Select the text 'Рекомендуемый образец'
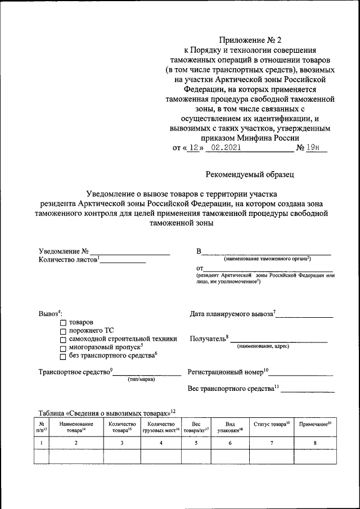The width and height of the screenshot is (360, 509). (x=250, y=174)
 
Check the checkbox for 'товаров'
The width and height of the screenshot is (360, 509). (x=63, y=323)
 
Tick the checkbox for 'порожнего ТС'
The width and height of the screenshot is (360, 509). (x=63, y=331)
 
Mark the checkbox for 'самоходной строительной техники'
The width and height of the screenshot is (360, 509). (x=63, y=340)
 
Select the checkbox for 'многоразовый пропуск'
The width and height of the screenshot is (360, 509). (x=63, y=348)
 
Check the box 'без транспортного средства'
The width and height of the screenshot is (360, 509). (x=63, y=356)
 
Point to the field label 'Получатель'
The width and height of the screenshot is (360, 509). (x=209, y=339)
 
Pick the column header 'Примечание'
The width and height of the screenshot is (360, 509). (x=314, y=424)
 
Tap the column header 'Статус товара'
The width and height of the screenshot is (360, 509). (x=272, y=424)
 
